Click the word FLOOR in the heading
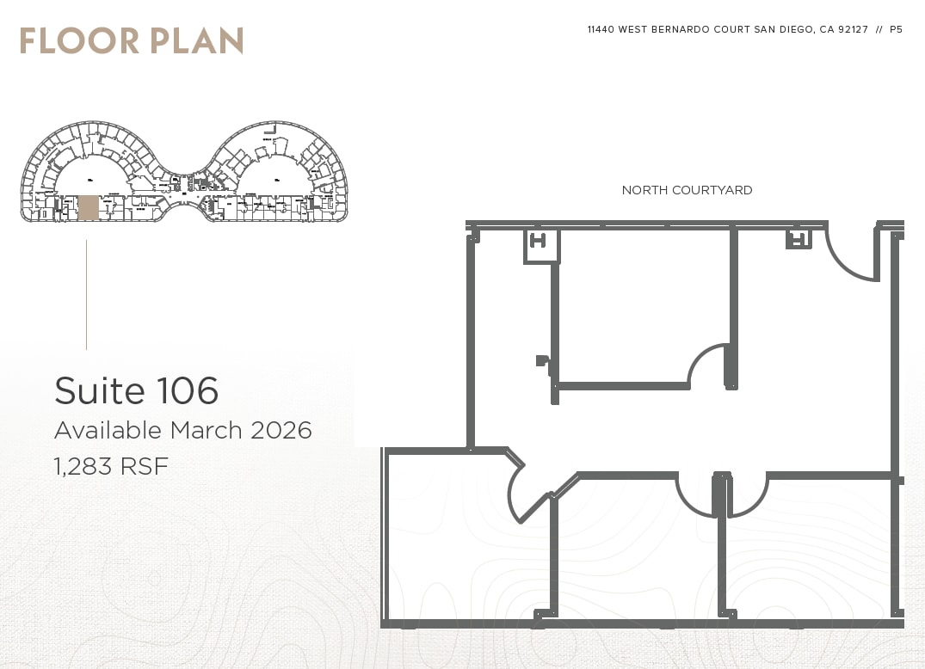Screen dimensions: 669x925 pyautogui.click(x=77, y=40)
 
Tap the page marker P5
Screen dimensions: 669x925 pyautogui.click(x=896, y=29)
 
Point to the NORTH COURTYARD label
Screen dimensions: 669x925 pyautogui.click(x=687, y=190)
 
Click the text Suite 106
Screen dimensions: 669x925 pyautogui.click(x=136, y=390)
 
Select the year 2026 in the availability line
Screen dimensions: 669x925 pyautogui.click(x=281, y=430)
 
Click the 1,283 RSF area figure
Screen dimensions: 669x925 pyautogui.click(x=111, y=467)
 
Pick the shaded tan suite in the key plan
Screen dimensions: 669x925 pyautogui.click(x=88, y=207)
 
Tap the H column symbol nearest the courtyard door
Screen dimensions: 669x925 pyautogui.click(x=798, y=239)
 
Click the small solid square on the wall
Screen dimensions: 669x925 pyautogui.click(x=540, y=360)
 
